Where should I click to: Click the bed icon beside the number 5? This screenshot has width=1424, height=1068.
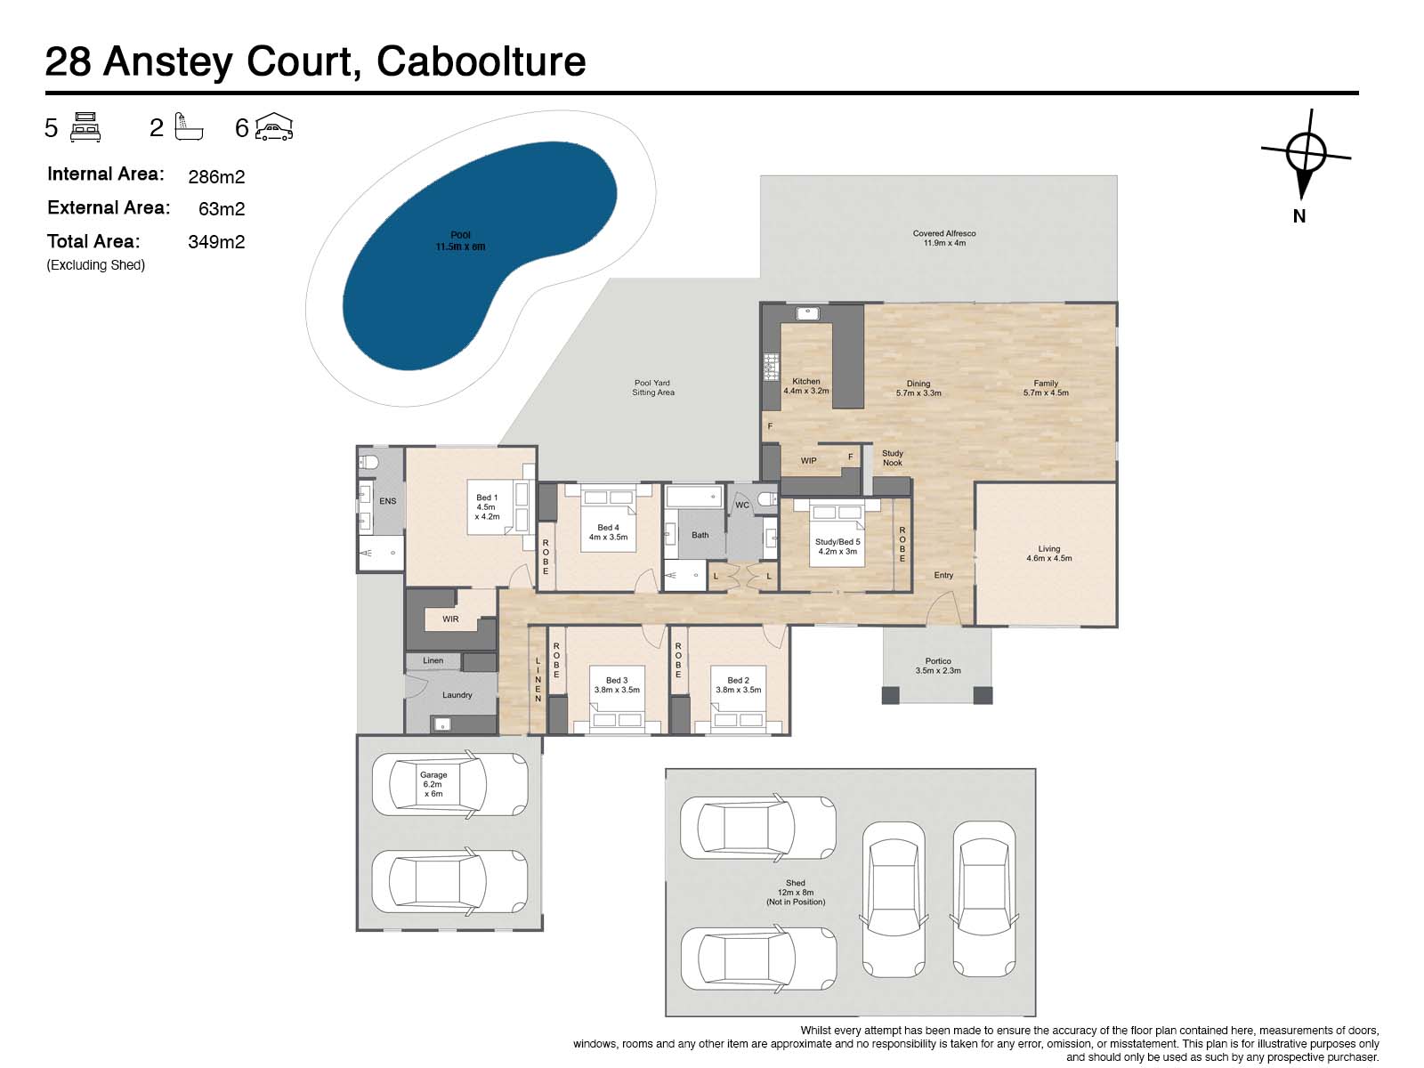pos(85,127)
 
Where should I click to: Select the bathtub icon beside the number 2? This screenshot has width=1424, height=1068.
pos(189,127)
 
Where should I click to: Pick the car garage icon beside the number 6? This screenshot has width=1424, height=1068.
pos(274,126)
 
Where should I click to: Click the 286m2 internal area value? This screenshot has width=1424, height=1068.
pos(216,176)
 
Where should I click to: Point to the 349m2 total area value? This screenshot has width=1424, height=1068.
pos(216,242)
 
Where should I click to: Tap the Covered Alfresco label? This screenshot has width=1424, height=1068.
pos(944,238)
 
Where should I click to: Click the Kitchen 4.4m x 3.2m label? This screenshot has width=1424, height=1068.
pos(805,386)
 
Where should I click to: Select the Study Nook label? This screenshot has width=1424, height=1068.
pos(892,457)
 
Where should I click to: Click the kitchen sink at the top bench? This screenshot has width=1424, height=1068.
pos(807,313)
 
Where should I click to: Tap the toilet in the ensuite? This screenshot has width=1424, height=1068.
pos(368,462)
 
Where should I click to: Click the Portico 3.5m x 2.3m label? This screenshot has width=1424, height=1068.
pos(938,666)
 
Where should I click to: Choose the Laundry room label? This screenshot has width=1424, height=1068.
pos(457,695)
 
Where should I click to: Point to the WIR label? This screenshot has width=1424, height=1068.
pos(450,619)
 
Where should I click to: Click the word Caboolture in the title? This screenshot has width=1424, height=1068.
pos(481,61)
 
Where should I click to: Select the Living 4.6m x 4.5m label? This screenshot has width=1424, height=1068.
pos(1048,553)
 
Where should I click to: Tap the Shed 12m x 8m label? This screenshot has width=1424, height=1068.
pos(796,893)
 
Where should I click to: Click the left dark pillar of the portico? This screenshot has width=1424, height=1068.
pos(891,695)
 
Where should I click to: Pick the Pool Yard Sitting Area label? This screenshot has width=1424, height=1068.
pos(652,388)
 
